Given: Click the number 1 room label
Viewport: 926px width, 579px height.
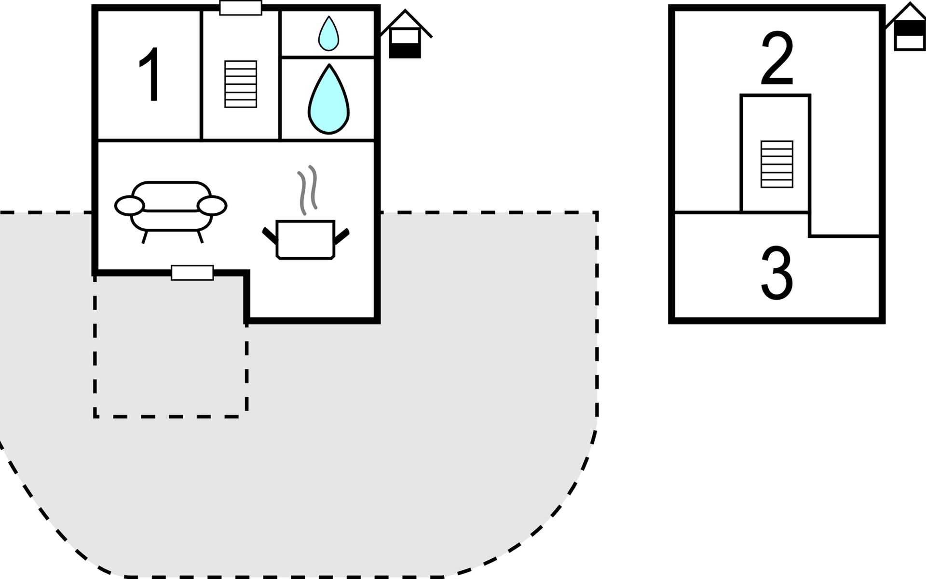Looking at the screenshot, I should pyautogui.click(x=150, y=74).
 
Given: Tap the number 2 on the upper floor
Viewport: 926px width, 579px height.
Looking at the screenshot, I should pyautogui.click(x=777, y=58).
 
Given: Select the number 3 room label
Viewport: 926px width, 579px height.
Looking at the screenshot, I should pyautogui.click(x=776, y=273).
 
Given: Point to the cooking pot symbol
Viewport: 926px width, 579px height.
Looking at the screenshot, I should pyautogui.click(x=305, y=239).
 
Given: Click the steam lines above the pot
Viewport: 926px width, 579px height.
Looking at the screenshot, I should pyautogui.click(x=308, y=190).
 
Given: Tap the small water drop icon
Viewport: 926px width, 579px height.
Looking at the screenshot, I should pyautogui.click(x=328, y=34).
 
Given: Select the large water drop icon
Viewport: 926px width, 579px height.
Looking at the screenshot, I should pyautogui.click(x=328, y=101).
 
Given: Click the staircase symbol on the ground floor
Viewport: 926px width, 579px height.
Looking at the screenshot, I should pyautogui.click(x=241, y=84).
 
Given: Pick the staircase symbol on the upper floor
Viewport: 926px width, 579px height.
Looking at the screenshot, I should pyautogui.click(x=776, y=164).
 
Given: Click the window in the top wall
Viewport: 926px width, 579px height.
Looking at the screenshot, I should pyautogui.click(x=241, y=8).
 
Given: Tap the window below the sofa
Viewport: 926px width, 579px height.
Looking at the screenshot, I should pyautogui.click(x=192, y=273).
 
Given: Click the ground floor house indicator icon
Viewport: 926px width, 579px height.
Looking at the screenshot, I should pyautogui.click(x=405, y=36).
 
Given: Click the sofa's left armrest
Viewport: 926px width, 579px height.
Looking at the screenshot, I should pyautogui.click(x=129, y=206).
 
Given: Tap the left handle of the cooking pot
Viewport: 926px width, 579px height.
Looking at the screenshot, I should pyautogui.click(x=269, y=235).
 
